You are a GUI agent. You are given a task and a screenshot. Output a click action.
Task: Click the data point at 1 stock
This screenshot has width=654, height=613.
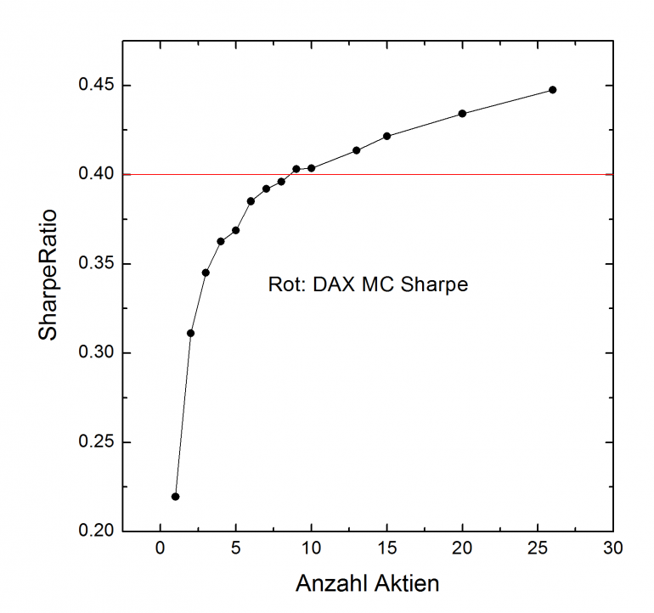coord(175,497)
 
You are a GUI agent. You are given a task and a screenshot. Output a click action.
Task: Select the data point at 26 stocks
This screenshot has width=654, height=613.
coord(553,89)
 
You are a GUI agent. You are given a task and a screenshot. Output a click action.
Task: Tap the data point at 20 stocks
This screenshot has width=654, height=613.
coord(462,113)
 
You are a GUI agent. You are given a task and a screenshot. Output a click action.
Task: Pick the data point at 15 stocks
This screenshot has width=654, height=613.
coord(386,136)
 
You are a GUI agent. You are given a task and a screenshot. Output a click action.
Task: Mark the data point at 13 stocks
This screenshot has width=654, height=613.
coord(356,150)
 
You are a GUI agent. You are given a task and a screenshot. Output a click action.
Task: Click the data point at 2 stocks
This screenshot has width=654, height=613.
coord(190,333)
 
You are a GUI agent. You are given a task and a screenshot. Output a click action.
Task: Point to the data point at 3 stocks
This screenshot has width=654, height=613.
coord(206,273)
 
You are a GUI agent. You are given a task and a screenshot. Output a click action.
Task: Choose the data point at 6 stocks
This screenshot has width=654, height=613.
coord(251,201)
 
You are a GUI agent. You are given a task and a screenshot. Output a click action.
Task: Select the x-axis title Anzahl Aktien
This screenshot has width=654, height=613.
coord(367,584)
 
